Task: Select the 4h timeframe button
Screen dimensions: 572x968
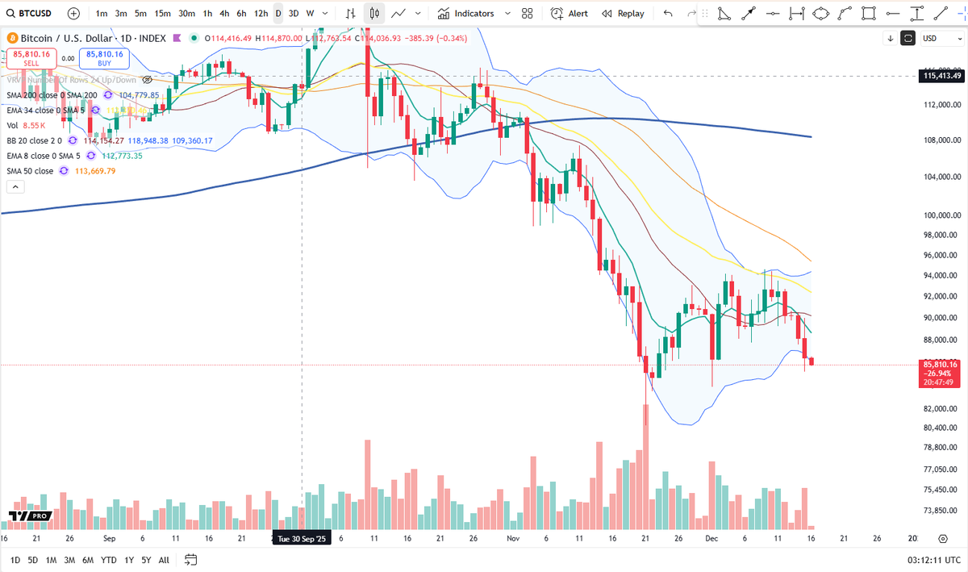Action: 224,14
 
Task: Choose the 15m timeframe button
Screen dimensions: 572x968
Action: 162,14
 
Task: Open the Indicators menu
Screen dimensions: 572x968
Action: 465,14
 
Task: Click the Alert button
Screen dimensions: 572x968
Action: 570,14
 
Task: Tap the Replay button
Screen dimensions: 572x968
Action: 624,14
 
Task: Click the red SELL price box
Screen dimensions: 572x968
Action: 30,58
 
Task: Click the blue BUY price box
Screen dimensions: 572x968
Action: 105,58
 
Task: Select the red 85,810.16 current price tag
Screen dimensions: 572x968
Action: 941,365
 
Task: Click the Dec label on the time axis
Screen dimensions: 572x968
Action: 711,538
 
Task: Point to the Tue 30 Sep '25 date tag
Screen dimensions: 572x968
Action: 302,538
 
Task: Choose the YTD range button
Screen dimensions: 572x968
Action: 109,560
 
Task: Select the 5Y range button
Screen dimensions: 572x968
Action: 146,560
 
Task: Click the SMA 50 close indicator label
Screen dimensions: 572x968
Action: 30,171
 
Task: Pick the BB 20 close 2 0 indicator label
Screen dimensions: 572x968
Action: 34,140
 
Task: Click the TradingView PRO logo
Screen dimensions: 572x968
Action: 31,516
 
